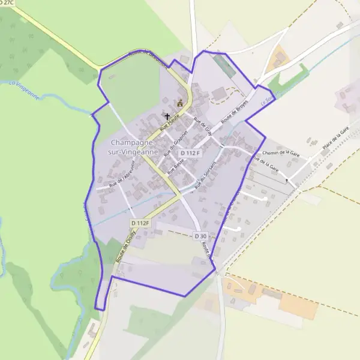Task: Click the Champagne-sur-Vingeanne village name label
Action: pyautogui.click(x=133, y=148)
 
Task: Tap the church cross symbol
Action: pyautogui.click(x=167, y=116)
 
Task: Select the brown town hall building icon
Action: pyautogui.click(x=179, y=103)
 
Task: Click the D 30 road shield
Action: pyautogui.click(x=200, y=236)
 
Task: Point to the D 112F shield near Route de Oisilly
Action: pyautogui.click(x=139, y=223)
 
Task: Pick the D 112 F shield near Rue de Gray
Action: pyautogui.click(x=189, y=154)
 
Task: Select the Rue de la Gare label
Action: pyautogui.click(x=266, y=162)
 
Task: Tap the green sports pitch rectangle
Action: pyautogui.click(x=224, y=65)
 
